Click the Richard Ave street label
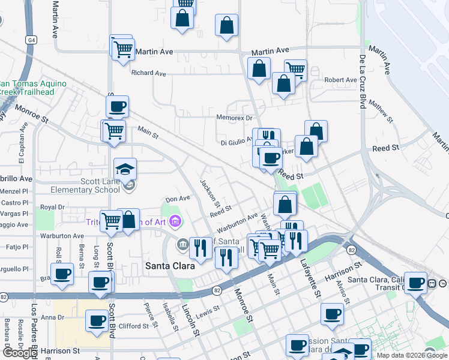[x=148, y=73]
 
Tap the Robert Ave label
[x=340, y=80]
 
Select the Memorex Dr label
[x=234, y=118]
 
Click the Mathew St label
[x=380, y=111]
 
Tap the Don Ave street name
[x=178, y=199]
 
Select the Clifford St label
[x=134, y=326]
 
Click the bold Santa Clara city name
[x=169, y=265]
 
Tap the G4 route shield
[x=31, y=40]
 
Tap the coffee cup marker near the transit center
[x=415, y=283]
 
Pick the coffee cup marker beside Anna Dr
[x=97, y=320]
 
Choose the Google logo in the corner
[x=20, y=353]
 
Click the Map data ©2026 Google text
[x=412, y=355]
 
